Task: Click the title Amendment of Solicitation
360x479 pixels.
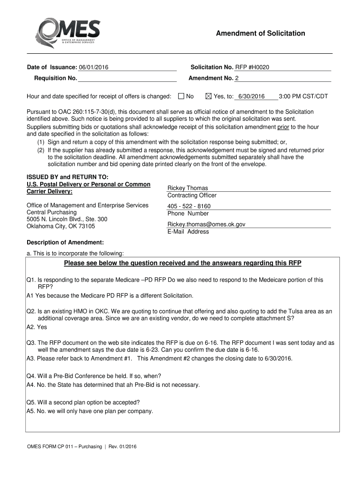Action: click(x=260, y=33)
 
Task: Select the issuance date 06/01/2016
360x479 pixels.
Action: click(x=94, y=68)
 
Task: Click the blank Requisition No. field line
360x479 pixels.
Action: click(x=127, y=79)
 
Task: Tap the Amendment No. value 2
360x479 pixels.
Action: click(x=237, y=79)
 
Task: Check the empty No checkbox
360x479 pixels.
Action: click(x=181, y=96)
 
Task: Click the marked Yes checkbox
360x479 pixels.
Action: click(x=209, y=96)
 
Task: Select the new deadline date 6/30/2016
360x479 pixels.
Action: click(x=251, y=97)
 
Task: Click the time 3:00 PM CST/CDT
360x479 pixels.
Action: click(x=303, y=97)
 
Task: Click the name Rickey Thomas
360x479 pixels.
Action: click(x=187, y=188)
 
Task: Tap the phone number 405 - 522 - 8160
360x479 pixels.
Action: click(x=189, y=206)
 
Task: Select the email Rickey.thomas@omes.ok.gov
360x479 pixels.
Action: click(x=206, y=225)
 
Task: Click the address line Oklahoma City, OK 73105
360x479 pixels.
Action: click(x=61, y=226)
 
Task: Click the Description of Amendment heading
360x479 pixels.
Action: click(x=65, y=243)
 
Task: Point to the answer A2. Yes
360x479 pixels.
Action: click(x=37, y=327)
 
